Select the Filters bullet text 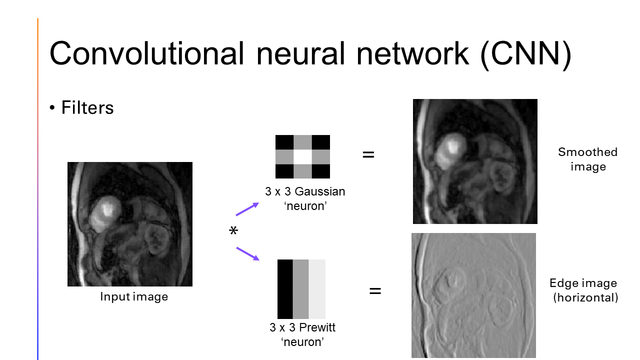pos(87,107)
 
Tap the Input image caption pos(134,296)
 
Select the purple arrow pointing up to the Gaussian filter pos(247,209)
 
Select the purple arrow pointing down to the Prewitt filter pos(247,253)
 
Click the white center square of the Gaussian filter pos(302,157)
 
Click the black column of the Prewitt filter pos(285,288)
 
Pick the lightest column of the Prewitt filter pos(317,288)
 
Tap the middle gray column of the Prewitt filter pos(300,288)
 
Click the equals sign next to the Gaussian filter pos(368,155)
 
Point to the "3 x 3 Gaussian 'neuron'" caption pos(305,198)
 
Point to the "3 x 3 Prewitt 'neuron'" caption pos(302,334)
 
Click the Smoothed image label pos(587,159)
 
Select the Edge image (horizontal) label pos(583,290)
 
